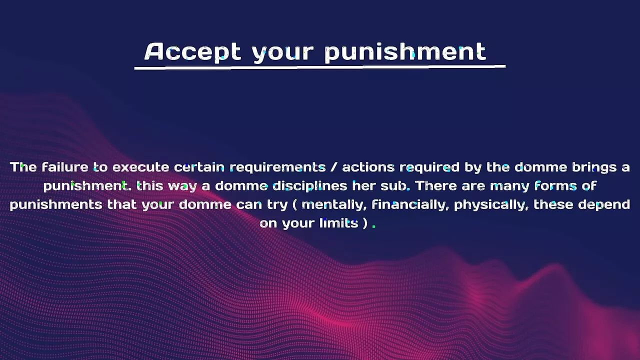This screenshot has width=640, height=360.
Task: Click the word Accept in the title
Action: tap(192, 52)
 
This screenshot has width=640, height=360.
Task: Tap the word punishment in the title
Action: tap(405, 52)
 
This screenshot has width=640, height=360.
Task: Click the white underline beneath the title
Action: tap(320, 67)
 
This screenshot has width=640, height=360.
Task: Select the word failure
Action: tap(65, 167)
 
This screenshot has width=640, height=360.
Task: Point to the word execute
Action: tap(140, 167)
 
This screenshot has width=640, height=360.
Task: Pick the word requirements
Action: tap(277, 168)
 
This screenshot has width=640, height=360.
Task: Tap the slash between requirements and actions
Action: tap(333, 167)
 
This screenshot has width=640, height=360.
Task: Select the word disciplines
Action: tap(309, 186)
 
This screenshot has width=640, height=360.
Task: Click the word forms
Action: tap(555, 186)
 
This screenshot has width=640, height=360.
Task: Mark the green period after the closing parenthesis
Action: tap(374, 226)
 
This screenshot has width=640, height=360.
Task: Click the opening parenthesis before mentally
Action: tap(295, 205)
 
